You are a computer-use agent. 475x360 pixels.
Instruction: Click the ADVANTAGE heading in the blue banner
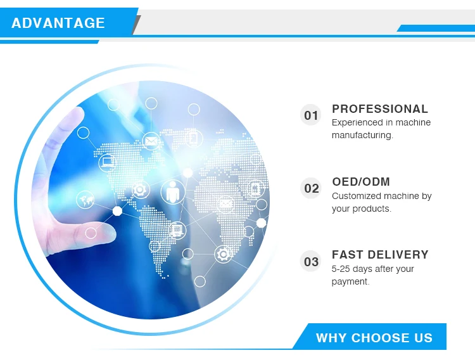[x=58, y=23]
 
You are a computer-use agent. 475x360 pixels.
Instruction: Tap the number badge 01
[x=311, y=115]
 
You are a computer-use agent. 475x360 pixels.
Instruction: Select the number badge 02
[x=311, y=188]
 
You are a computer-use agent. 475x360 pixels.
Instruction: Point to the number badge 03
[x=311, y=261]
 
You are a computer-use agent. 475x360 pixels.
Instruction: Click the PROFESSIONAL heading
[x=380, y=109]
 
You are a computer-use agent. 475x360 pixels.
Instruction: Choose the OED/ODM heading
[x=361, y=182]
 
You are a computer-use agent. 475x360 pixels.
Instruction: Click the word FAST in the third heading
[x=348, y=255]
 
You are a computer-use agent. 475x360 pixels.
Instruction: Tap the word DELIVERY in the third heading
[x=398, y=255]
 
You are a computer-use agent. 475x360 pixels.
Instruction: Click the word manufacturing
[x=362, y=135]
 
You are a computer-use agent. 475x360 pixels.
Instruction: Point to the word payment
[x=350, y=282]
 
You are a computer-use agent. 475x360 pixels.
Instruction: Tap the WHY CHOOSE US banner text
[x=374, y=338]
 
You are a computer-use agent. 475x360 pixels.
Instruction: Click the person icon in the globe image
[x=173, y=192]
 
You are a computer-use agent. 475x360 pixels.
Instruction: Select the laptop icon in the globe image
[x=108, y=163]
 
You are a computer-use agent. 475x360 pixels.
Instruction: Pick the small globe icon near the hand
[x=85, y=200]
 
